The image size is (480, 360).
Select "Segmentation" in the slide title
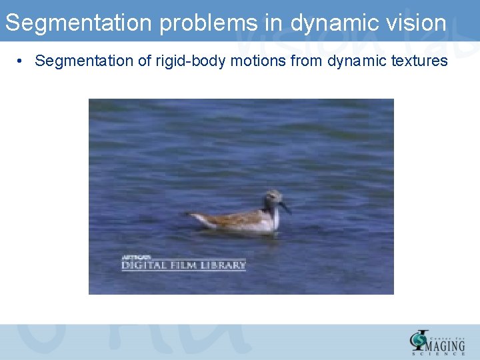tap(79, 24)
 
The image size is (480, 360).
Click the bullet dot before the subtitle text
tap(22, 61)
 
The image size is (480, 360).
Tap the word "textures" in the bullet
tap(419, 61)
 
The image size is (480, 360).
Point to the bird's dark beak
tap(285, 207)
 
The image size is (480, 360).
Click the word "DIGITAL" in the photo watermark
tap(143, 265)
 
